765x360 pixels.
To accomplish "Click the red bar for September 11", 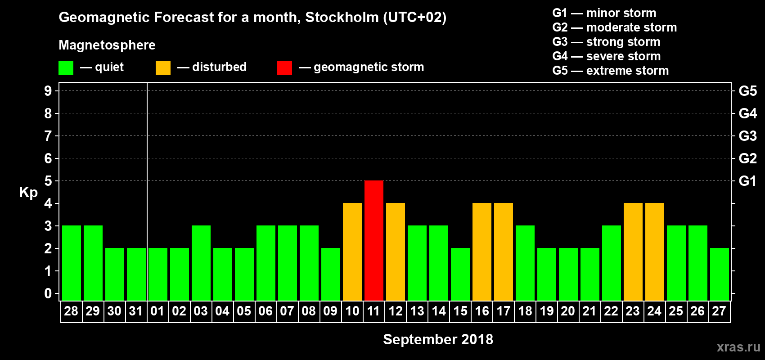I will click(x=374, y=240).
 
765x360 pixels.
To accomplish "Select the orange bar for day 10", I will click(x=352, y=252).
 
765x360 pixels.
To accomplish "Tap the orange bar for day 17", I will click(x=504, y=252).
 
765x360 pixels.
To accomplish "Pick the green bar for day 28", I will click(x=72, y=263).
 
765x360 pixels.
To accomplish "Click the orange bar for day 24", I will click(x=655, y=252).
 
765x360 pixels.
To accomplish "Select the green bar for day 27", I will click(x=720, y=274).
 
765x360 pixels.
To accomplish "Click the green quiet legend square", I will click(x=66, y=68).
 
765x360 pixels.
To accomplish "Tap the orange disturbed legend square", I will click(x=163, y=68).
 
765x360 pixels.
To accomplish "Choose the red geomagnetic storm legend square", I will click(x=284, y=68).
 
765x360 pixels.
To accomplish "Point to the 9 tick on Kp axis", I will click(x=48, y=91).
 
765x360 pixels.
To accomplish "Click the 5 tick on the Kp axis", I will click(x=48, y=181).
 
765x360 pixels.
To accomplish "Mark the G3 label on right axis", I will click(x=747, y=136).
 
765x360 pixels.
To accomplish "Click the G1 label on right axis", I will click(x=747, y=181).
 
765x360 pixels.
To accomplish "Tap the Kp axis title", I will click(x=28, y=193).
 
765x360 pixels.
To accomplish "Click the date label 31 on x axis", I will click(x=136, y=311).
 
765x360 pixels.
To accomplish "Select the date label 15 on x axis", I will click(x=460, y=311).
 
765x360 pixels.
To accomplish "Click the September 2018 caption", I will click(x=438, y=339).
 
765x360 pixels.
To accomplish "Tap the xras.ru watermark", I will click(x=738, y=347).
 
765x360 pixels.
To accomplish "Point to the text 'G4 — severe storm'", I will click(x=607, y=56).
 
